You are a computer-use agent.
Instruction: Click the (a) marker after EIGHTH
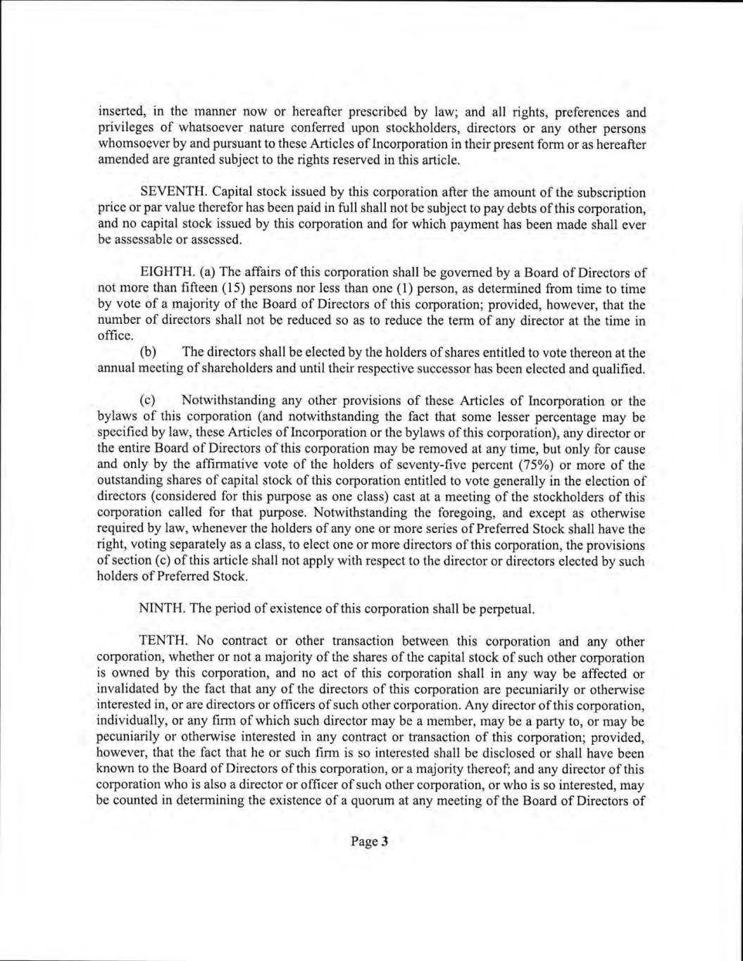click(208, 272)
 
